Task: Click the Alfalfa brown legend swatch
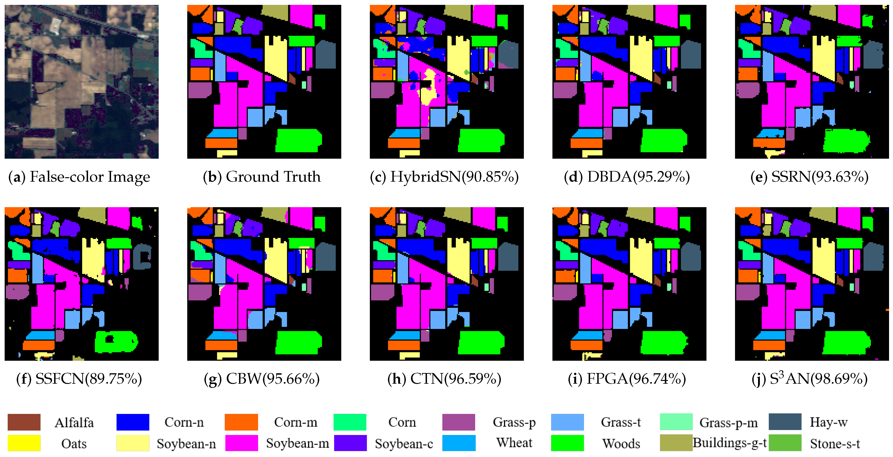coord(24,422)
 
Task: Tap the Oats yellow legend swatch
coord(24,443)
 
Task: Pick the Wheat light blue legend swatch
coord(459,443)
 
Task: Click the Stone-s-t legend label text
coord(834,444)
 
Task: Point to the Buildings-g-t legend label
coord(729,443)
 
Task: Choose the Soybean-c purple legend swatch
coord(350,443)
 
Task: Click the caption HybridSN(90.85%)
coord(444,177)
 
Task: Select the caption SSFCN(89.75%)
coord(79,379)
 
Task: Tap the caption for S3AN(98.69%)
coord(809,379)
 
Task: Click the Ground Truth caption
coord(262,177)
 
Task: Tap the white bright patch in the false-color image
coord(56,25)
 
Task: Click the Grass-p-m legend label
coord(728,422)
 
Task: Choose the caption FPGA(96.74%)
coord(627,379)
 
